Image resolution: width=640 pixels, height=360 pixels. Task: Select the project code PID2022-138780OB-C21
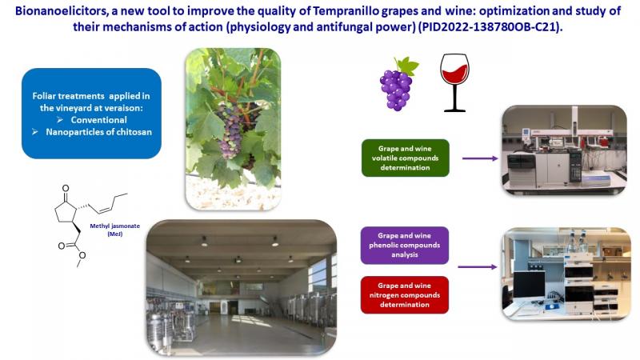coord(490,27)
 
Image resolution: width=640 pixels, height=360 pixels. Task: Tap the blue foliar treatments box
coord(91,114)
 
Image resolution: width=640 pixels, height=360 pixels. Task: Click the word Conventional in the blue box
coord(98,120)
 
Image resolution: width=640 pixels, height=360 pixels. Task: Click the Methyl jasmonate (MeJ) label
coord(114,230)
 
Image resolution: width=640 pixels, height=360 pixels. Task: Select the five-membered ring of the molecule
coord(66,212)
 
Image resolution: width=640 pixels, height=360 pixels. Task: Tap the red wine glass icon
coord(454,82)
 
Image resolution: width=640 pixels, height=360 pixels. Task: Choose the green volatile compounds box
coord(406,158)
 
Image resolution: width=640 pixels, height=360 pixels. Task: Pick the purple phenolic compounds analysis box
coord(405,246)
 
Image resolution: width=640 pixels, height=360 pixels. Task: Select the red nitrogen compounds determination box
coord(405,295)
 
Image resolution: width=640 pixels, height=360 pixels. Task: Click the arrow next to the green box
coord(480,158)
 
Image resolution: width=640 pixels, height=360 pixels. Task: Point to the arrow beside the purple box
coord(477,267)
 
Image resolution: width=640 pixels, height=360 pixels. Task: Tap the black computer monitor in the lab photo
coord(529,285)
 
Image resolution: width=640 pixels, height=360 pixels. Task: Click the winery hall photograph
coord(242,288)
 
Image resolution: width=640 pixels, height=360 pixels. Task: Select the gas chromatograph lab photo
coord(564,150)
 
